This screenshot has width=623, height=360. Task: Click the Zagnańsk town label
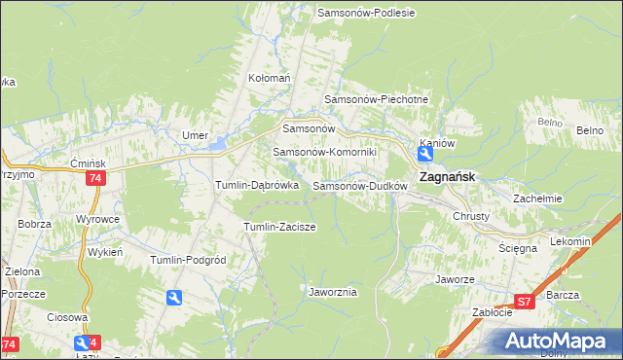click(447, 178)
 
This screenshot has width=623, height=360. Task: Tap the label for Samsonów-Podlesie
click(366, 13)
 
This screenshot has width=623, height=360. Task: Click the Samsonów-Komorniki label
click(331, 152)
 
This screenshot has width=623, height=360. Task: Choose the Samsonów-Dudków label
click(359, 185)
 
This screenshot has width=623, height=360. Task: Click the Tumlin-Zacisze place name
click(278, 227)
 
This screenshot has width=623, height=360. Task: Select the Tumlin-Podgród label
click(188, 260)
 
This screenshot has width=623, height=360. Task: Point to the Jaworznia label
click(333, 291)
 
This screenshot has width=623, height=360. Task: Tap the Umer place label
click(196, 135)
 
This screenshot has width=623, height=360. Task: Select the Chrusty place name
click(471, 216)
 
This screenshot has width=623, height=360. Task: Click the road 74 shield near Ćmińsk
click(94, 178)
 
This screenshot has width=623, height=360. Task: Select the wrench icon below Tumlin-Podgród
click(174, 298)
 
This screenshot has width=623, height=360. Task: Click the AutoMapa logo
click(556, 341)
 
